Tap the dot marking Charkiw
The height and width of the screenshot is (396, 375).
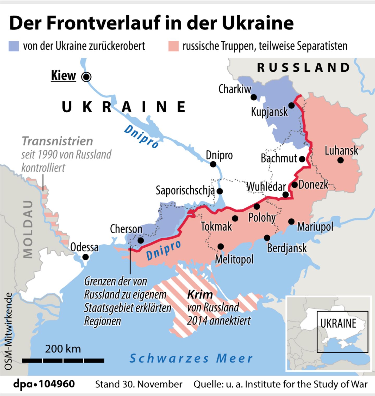pos(253,97)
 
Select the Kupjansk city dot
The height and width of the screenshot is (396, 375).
pos(291,106)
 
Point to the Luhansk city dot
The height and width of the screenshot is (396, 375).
pos(340,160)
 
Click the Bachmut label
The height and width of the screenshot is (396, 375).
pos(279,159)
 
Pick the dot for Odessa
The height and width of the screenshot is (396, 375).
pos(85,257)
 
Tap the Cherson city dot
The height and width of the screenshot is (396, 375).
pos(141,240)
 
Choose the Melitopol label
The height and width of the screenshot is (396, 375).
pos(234,259)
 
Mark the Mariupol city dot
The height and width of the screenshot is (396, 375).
pos(291,222)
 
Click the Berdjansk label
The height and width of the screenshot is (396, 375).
pos(287,248)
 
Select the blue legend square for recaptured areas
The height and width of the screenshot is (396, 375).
pos(14,46)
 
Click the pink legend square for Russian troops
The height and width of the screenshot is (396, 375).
pos(173,46)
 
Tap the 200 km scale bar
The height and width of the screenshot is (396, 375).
pos(63,361)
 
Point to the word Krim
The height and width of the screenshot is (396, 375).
pos(200,295)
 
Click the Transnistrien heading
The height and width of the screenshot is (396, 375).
pos(58,141)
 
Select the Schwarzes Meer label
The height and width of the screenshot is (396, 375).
pos(191,358)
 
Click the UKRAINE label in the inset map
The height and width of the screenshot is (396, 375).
pos(338,324)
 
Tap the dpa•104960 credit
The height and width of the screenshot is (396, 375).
pos(44,384)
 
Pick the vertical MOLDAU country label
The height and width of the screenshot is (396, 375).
pos(28,229)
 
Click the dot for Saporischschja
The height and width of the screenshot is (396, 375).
pos(220,191)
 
